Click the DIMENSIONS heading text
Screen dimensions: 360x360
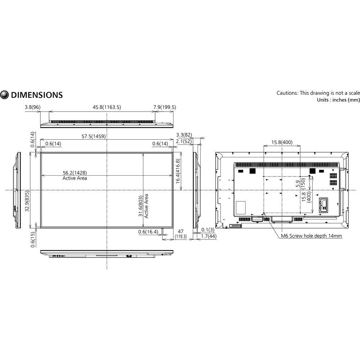[x=37, y=95]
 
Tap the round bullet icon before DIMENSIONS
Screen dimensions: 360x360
[x=5, y=95]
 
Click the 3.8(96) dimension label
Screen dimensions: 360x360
[x=33, y=107]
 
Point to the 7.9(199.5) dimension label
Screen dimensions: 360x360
[x=165, y=107]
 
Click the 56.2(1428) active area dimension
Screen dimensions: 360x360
[x=75, y=172]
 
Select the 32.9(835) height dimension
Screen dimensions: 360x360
[x=27, y=202]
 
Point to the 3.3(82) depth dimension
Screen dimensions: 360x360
[x=184, y=135]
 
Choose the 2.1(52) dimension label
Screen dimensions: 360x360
[x=184, y=142]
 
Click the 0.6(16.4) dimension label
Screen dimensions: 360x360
[x=148, y=232]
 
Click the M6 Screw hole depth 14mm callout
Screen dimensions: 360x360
[x=311, y=236]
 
